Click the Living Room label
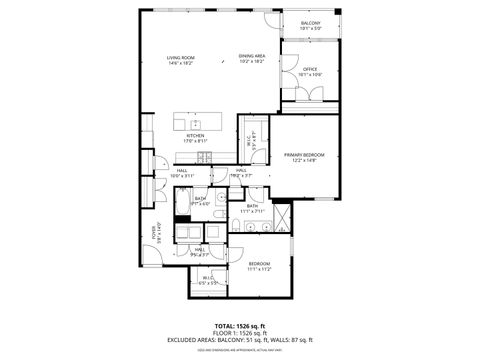tap(180, 58)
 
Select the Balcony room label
tap(311, 23)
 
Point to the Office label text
tap(310, 69)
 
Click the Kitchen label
tap(196, 135)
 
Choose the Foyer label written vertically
tap(155, 232)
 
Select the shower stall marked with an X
tap(283, 215)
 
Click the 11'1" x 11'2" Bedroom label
tap(259, 264)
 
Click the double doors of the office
tap(312, 94)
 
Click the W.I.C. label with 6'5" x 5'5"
tap(208, 280)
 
